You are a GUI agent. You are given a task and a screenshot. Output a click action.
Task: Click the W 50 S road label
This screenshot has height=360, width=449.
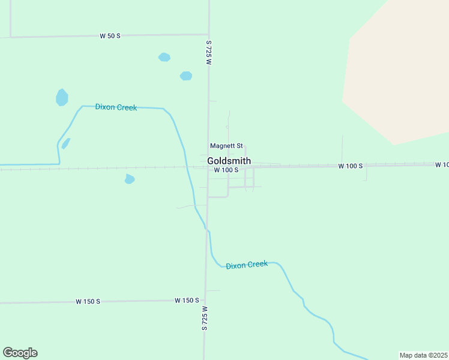pyautogui.click(x=110, y=36)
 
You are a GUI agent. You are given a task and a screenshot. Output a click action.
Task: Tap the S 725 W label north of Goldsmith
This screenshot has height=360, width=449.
pyautogui.click(x=209, y=53)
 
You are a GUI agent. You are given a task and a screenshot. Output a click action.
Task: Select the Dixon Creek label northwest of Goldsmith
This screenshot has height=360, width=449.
pyautogui.click(x=116, y=107)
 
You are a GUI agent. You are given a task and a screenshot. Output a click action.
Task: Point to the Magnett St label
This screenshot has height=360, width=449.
pyautogui.click(x=226, y=146)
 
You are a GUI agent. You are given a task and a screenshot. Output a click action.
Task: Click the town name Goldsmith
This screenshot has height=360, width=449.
pyautogui.click(x=229, y=161)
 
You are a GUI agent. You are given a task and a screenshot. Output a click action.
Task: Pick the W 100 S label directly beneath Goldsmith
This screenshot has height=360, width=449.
pyautogui.click(x=226, y=170)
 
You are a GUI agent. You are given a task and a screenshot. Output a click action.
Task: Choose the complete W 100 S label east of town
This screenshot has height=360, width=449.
pyautogui.click(x=350, y=166)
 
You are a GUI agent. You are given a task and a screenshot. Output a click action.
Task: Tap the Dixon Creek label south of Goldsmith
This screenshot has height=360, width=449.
pyautogui.click(x=247, y=265)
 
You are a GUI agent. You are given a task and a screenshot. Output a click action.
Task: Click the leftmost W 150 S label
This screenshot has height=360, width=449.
pyautogui.click(x=87, y=301)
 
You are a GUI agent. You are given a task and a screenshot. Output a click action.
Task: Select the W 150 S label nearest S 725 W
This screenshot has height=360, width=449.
pyautogui.click(x=187, y=300)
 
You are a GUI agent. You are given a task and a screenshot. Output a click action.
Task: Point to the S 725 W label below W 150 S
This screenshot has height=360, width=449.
pyautogui.click(x=205, y=318)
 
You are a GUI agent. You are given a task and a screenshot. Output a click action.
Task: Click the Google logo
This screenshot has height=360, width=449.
pyautogui.click(x=20, y=353)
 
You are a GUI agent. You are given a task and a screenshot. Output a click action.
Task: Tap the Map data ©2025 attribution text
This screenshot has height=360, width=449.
pyautogui.click(x=423, y=355)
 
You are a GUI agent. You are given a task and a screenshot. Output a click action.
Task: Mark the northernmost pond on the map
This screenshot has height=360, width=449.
pyautogui.click(x=164, y=58)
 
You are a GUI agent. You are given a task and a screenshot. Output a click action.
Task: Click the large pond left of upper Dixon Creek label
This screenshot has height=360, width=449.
pyautogui.click(x=62, y=97)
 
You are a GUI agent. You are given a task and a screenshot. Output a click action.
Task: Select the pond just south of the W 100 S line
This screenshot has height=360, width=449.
pyautogui.click(x=130, y=179)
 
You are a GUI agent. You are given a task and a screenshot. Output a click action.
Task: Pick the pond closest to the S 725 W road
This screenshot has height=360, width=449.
pyautogui.click(x=186, y=76)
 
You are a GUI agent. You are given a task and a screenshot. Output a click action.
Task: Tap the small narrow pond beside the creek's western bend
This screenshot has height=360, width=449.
pyautogui.click(x=65, y=143)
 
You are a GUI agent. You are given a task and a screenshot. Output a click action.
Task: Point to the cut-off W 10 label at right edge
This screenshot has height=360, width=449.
pyautogui.click(x=442, y=164)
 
